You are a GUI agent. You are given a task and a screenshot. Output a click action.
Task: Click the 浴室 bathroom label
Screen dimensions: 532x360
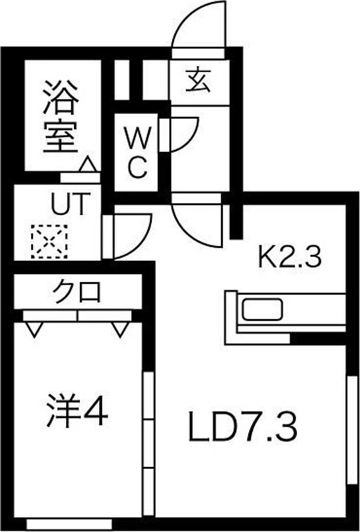coord(61,116)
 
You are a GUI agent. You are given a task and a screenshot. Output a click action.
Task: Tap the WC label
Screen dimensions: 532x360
coord(137,153)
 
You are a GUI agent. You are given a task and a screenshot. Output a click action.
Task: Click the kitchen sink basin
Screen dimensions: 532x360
coord(262,309)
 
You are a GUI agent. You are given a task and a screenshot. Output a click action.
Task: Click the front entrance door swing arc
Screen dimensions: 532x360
coord(198,26)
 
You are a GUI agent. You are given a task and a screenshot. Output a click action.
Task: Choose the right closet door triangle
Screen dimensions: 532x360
coord(120,329)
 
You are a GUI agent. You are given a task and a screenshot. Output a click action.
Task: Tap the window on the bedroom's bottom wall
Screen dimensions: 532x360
coord(68,524)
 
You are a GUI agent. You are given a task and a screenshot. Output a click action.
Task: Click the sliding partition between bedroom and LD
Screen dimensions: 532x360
coord(149,442)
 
